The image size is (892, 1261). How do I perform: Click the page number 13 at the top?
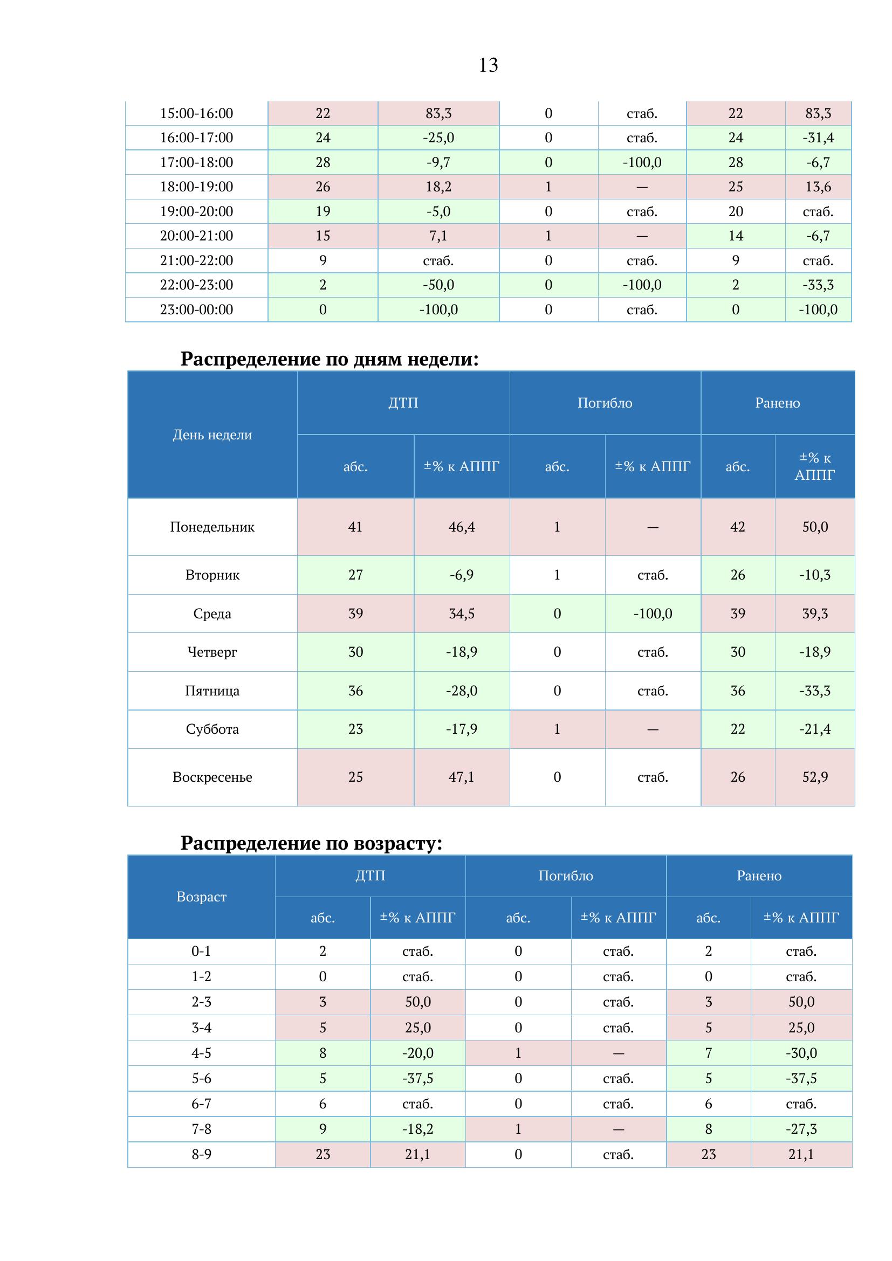488,65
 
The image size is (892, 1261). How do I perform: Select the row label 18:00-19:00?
196,187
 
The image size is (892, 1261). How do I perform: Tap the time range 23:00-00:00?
196,310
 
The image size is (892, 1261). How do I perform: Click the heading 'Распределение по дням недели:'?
330,359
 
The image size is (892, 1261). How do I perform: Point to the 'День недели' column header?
212,435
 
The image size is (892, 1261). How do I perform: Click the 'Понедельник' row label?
212,527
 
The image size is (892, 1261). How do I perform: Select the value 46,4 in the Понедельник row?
462,527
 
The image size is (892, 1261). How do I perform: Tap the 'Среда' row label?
212,614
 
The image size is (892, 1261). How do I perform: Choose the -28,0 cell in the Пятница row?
462,691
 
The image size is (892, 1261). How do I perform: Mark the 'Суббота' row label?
212,729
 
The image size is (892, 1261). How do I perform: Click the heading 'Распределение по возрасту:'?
311,843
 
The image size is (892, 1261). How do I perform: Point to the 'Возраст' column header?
201,897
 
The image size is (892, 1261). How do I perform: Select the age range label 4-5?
201,1053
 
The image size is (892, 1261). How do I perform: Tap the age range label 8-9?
201,1154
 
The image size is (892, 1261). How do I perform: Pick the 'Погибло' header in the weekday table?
605,403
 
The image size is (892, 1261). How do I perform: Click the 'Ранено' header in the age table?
759,876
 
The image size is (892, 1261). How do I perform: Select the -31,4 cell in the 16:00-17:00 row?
818,138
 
